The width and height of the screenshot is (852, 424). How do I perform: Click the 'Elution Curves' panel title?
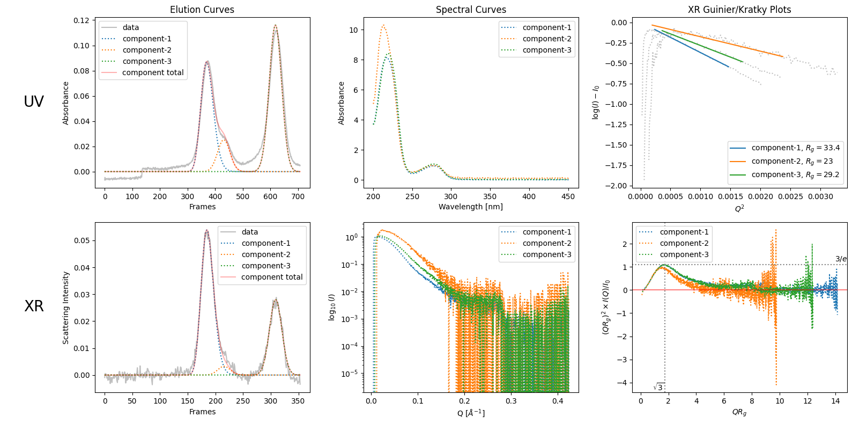(202, 10)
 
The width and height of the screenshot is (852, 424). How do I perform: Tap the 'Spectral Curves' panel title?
(471, 10)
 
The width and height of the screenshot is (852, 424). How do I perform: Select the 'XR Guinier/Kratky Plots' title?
(739, 10)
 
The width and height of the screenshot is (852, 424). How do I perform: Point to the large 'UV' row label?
(34, 101)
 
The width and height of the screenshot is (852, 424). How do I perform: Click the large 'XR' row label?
(34, 306)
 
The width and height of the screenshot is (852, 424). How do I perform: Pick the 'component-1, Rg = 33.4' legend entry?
(795, 148)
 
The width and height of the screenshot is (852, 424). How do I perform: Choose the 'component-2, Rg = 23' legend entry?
(792, 161)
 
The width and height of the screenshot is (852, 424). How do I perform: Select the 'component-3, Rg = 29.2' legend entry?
(795, 174)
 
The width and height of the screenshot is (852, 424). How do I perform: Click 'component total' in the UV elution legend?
(153, 72)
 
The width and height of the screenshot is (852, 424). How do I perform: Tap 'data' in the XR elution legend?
(249, 232)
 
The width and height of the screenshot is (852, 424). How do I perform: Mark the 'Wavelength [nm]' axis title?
(471, 207)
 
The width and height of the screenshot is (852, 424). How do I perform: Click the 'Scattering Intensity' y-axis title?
(66, 308)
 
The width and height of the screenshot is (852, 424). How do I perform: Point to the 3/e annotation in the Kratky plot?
(841, 259)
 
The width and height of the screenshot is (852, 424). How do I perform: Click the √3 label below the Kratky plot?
(658, 388)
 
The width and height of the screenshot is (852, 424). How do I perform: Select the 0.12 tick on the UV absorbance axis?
(82, 20)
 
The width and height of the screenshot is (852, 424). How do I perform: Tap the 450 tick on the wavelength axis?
(568, 196)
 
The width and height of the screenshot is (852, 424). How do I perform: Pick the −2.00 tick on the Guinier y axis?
(616, 186)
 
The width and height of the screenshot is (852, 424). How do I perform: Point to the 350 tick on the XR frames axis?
(298, 401)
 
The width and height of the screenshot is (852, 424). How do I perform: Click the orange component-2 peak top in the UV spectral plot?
(383, 25)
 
